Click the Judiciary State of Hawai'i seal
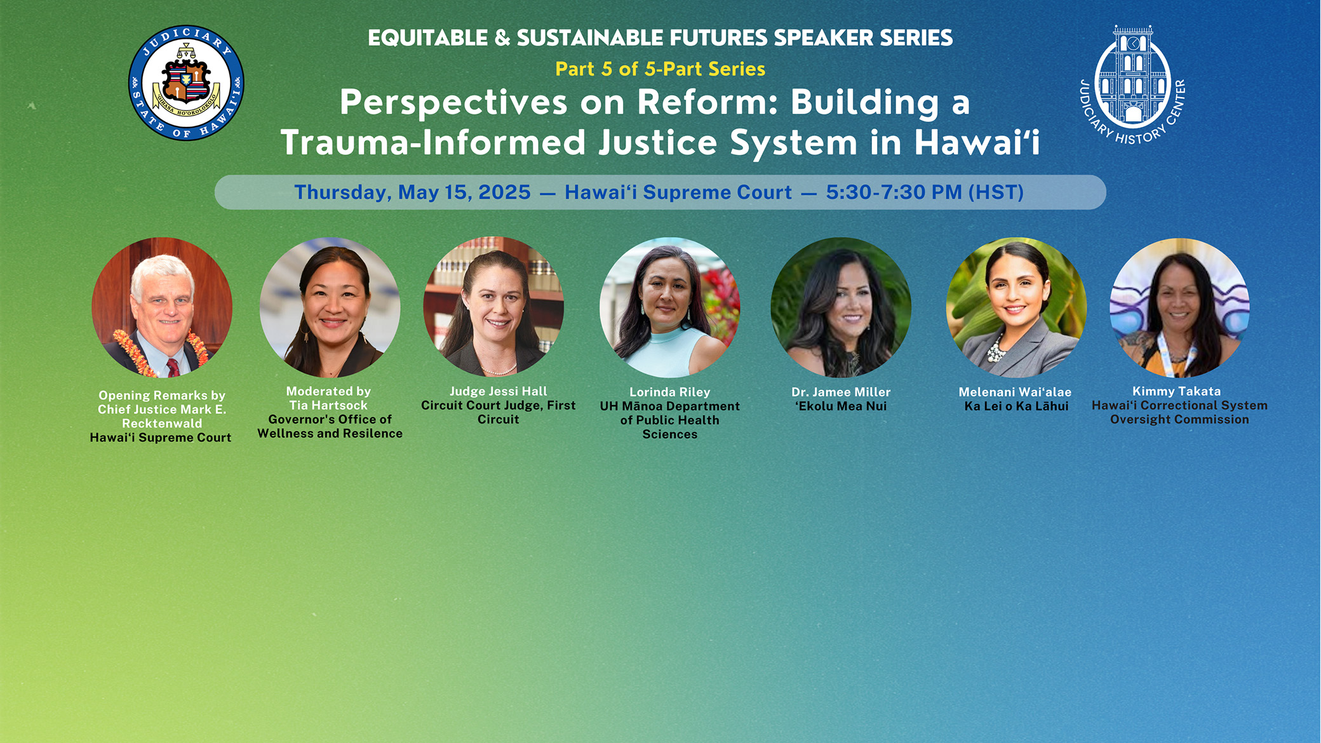(186, 83)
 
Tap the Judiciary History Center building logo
(1133, 84)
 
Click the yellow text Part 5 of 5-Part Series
(660, 69)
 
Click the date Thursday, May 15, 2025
(412, 192)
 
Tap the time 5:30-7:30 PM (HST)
(925, 192)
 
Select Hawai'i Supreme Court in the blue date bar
(678, 192)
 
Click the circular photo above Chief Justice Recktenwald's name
(162, 308)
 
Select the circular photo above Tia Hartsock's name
(330, 308)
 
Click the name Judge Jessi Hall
(499, 391)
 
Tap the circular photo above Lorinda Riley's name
(670, 308)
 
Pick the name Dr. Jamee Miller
(841, 392)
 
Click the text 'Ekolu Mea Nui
(841, 406)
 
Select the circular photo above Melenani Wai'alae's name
(1016, 308)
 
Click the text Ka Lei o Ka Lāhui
(1016, 406)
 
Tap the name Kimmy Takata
(1177, 391)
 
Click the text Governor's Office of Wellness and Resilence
(330, 426)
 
